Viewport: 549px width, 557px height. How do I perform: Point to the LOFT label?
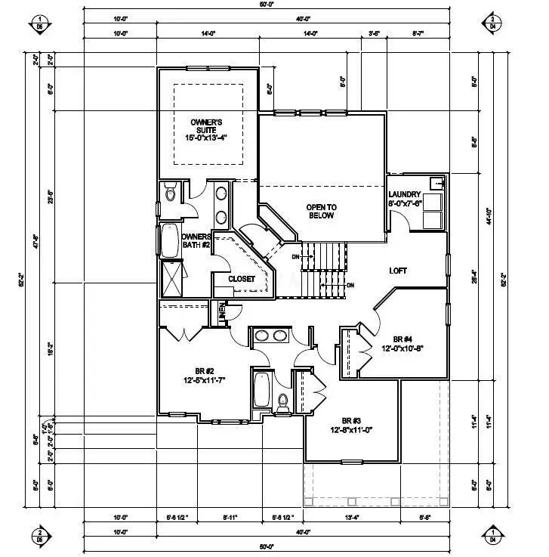(399, 271)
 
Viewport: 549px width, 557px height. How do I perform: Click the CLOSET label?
(242, 279)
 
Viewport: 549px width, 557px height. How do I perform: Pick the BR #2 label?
(205, 371)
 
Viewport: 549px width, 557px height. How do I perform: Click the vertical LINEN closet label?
(222, 311)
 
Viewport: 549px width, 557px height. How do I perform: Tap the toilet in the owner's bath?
(170, 195)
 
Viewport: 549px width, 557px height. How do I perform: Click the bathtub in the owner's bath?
(168, 242)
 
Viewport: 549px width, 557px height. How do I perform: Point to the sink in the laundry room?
(436, 183)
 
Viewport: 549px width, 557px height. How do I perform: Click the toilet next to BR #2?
(283, 402)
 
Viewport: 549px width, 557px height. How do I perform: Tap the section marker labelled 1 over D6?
(41, 23)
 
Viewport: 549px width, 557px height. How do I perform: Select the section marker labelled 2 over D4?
(492, 23)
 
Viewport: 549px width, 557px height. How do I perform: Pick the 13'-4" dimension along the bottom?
(353, 518)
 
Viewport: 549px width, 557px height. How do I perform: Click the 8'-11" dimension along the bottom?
(230, 518)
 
